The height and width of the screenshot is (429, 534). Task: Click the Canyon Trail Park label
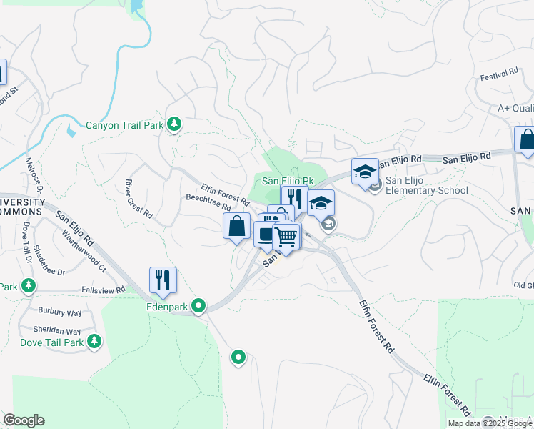pyautogui.click(x=125, y=125)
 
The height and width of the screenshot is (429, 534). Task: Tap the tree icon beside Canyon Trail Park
pyautogui.click(x=173, y=124)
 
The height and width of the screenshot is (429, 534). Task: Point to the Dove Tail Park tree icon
pyautogui.click(x=93, y=342)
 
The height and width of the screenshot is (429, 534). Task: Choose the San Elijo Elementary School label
pyautogui.click(x=426, y=185)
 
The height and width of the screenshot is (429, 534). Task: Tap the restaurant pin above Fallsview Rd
pyautogui.click(x=163, y=280)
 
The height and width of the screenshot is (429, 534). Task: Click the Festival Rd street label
pyautogui.click(x=498, y=75)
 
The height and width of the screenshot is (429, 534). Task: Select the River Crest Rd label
pyautogui.click(x=139, y=198)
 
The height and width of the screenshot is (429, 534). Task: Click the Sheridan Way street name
pyautogui.click(x=57, y=331)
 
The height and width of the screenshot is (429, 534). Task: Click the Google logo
pyautogui.click(x=24, y=420)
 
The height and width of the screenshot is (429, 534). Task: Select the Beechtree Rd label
pyautogui.click(x=208, y=197)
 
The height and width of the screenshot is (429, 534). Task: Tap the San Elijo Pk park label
pyautogui.click(x=288, y=182)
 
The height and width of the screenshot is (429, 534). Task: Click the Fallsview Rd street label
pyautogui.click(x=104, y=290)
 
